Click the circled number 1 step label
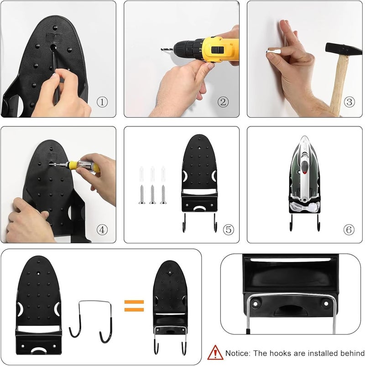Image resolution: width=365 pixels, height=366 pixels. coord(102,102)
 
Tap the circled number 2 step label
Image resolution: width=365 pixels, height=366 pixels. coord(223,102)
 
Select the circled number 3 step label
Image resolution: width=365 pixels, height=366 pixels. coord(349,102)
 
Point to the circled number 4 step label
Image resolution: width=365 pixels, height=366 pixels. coord(102,230)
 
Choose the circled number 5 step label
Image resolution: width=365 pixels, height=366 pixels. coord(229,230)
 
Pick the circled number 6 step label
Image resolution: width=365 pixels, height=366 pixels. coord(349,230)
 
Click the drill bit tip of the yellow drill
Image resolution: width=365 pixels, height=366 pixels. coord(162,49)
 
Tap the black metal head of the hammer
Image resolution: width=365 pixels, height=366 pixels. coord(344,49)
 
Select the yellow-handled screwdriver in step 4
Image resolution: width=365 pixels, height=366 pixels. coord(77,165)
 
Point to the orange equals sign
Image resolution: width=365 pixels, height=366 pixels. coord(134,306)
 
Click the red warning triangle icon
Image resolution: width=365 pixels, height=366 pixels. coord(215,352)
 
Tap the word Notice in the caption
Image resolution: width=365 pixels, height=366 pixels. coord(237,353)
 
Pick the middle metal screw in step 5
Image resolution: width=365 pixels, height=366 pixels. coord(152,194)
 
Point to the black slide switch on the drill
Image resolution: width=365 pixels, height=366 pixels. coord(218,50)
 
